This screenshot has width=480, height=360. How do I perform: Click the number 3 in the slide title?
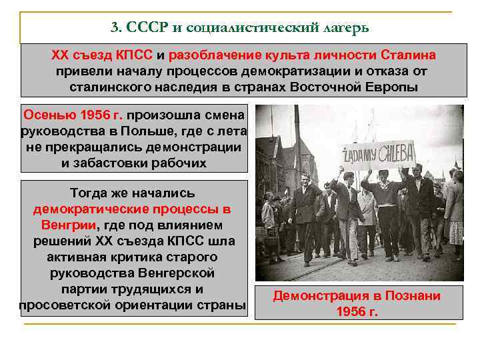pos(114,28)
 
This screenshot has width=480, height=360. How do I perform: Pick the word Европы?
pos(395,87)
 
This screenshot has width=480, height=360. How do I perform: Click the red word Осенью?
pos(46,114)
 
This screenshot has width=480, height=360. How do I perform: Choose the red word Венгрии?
pos(68,225)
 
